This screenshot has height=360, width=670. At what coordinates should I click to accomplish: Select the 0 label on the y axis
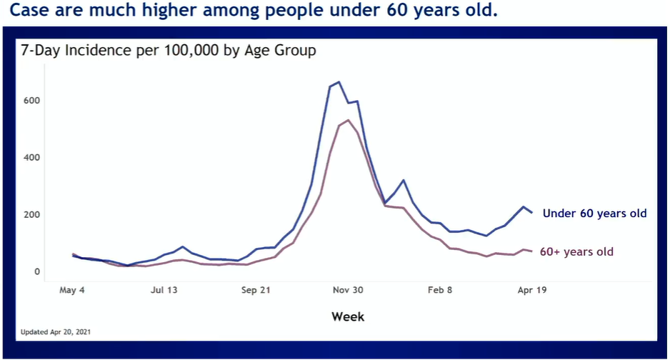(x=35, y=271)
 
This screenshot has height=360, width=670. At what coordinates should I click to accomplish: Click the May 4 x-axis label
(x=72, y=291)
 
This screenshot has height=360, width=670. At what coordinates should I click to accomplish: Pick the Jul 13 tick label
(x=164, y=291)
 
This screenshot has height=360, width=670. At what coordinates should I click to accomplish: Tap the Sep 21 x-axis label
(x=256, y=291)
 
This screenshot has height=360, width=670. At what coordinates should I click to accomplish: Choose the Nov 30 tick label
(x=348, y=291)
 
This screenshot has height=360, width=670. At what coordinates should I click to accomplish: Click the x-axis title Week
(x=348, y=316)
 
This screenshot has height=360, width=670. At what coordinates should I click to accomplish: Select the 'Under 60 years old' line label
(x=594, y=214)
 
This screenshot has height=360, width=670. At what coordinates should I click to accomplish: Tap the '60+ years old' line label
(x=576, y=251)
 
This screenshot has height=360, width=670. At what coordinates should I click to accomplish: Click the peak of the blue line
(x=339, y=82)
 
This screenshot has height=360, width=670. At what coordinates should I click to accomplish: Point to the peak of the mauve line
(x=348, y=120)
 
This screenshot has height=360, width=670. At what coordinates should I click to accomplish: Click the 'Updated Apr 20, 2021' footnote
(x=56, y=332)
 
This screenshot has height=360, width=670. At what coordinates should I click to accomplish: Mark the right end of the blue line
(x=531, y=213)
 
